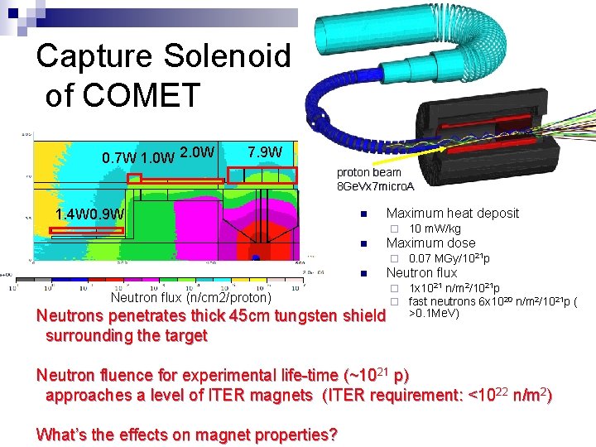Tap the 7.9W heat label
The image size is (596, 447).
pos(265,153)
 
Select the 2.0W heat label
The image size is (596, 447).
pos(198,153)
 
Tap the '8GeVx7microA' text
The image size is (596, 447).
pos(375,185)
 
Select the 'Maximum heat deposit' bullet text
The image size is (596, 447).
pos(452,213)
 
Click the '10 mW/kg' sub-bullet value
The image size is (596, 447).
pos(435,228)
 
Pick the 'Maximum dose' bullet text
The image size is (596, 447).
pos(430,243)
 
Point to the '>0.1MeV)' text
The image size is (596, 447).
pos(435,313)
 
